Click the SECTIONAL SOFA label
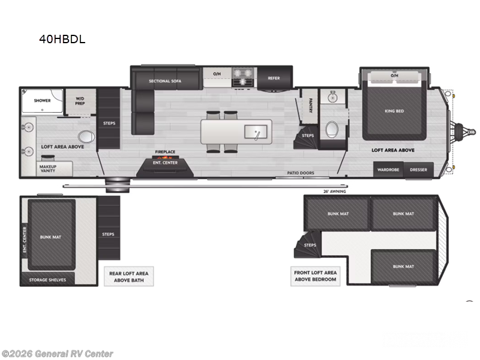(165, 80)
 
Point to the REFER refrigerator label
(274, 78)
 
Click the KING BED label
(394, 111)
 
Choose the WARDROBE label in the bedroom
(388, 170)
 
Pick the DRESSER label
(418, 170)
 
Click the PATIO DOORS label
(299, 173)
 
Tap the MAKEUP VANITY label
(48, 169)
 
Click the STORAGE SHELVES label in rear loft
(44, 280)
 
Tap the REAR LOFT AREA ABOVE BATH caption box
(128, 276)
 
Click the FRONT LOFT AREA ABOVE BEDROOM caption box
(316, 276)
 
